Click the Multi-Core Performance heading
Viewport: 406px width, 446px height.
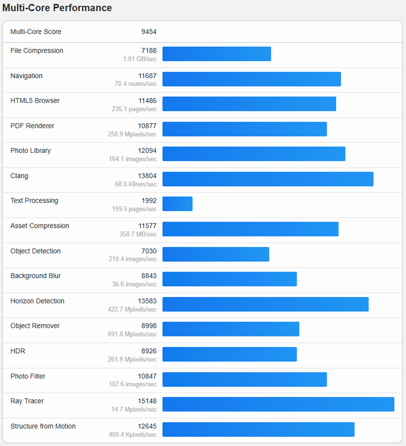pos(57,8)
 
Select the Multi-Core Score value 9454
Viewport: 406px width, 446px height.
pos(149,32)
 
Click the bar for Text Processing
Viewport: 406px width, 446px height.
pos(178,204)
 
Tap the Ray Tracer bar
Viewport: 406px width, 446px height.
pos(278,404)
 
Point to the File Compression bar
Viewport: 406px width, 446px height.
pos(217,54)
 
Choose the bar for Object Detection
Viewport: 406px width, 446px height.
pos(216,254)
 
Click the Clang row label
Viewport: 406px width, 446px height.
pos(19,176)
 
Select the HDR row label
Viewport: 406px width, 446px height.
pos(18,351)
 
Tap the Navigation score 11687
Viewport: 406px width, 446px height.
pos(147,76)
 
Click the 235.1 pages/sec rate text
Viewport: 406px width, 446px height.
pos(134,109)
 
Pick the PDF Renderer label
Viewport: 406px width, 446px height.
pos(32,126)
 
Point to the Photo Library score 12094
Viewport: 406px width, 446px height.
pos(147,151)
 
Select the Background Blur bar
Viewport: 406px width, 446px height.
pos(230,279)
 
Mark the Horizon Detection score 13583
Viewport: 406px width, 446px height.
pos(147,301)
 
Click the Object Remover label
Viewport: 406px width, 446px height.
pos(35,326)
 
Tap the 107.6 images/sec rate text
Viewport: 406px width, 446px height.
pos(134,384)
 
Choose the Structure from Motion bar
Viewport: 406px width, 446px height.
pos(258,429)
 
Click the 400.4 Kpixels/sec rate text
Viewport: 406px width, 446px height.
pos(132,434)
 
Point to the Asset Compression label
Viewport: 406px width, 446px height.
pos(40,226)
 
